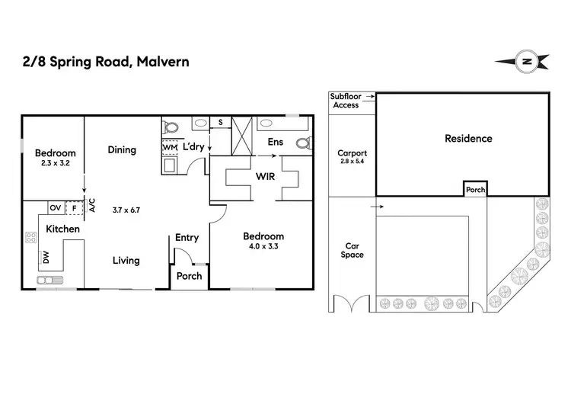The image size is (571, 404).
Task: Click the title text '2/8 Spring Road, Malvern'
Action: [106, 61]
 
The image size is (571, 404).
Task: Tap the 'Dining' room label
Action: [122, 150]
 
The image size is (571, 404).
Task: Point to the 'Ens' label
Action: [275, 142]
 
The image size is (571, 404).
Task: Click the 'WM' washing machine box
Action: [170, 147]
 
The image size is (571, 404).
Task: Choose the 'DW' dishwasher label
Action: [46, 258]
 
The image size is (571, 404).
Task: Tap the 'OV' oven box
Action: [55, 207]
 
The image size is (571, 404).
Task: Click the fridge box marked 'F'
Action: [73, 207]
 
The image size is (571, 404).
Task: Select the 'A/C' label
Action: [91, 205]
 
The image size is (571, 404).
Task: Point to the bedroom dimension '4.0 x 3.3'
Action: [263, 247]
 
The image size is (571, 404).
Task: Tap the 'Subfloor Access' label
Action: [347, 101]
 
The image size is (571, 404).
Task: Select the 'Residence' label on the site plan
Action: [468, 139]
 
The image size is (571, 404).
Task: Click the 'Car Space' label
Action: [352, 250]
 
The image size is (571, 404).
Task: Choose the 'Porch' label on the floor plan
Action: [189, 275]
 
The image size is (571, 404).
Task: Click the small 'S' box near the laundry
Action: [220, 122]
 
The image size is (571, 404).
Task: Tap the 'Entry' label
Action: [187, 238]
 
